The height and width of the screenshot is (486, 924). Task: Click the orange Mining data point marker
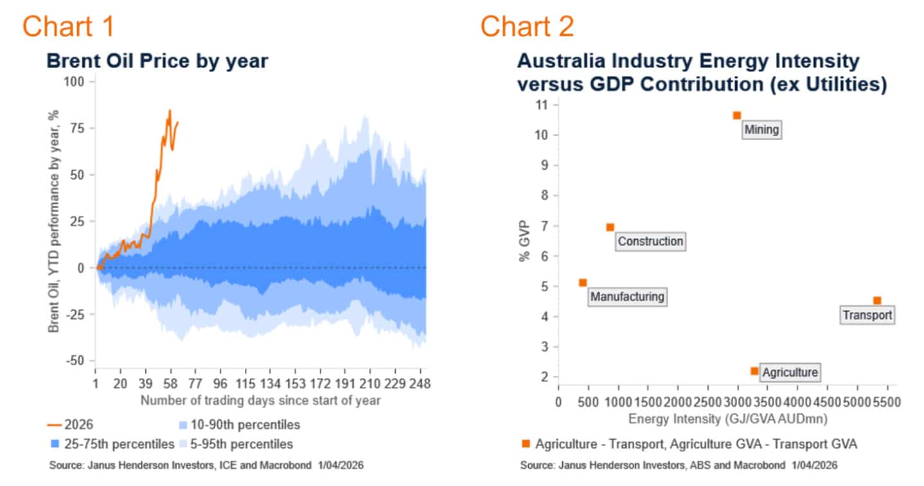click(x=737, y=116)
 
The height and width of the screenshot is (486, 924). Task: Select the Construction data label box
click(x=650, y=242)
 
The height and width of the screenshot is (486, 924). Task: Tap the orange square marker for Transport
click(x=876, y=300)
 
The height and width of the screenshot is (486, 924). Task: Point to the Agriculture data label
click(x=790, y=372)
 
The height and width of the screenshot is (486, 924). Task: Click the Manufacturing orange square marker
click(x=583, y=282)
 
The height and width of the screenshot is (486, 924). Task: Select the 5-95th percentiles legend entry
click(x=236, y=444)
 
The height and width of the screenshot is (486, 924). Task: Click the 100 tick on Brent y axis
click(x=77, y=82)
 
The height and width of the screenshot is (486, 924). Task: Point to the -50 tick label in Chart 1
click(x=76, y=361)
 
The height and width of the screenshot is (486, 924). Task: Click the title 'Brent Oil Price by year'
click(x=157, y=61)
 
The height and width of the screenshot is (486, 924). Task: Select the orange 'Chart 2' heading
click(x=527, y=26)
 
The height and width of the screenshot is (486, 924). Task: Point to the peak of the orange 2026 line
click(x=170, y=110)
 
